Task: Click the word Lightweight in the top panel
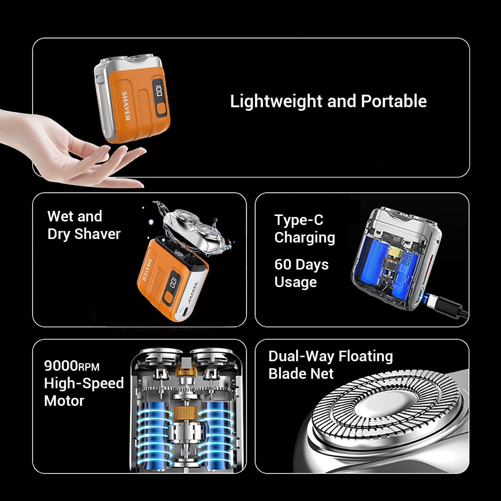(276, 101)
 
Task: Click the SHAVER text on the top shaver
(126, 106)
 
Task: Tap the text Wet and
(75, 216)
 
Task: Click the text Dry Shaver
(84, 234)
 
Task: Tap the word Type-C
(299, 220)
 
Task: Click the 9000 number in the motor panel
(61, 365)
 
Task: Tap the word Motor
(64, 400)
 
